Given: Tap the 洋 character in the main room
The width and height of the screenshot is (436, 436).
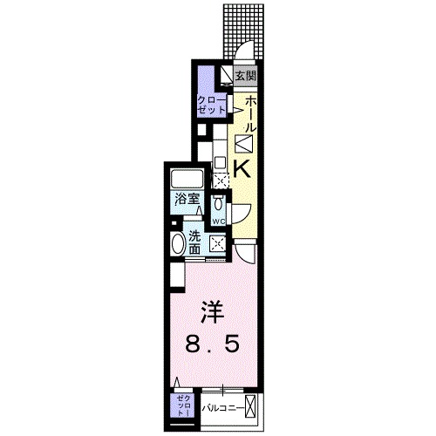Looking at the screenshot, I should point(209,311).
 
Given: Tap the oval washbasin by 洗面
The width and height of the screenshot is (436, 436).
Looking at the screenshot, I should point(178,243).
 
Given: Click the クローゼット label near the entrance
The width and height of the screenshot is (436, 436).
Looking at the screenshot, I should point(211,106).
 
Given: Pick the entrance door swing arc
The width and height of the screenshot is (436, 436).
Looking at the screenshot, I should point(247,51).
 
